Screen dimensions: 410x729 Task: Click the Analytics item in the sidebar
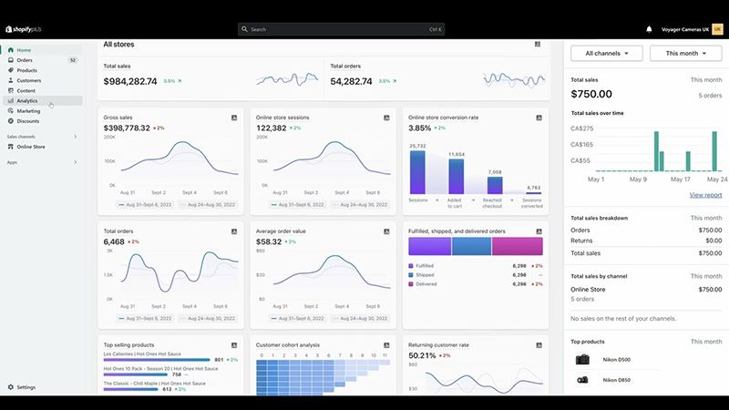[27, 100]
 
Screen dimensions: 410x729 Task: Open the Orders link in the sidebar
[25, 60]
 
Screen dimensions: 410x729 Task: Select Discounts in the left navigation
[28, 120]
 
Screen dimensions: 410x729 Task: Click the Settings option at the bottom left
[26, 387]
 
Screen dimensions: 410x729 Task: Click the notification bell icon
[650, 29]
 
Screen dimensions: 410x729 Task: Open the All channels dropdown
[607, 54]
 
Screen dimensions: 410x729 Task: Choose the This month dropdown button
[685, 54]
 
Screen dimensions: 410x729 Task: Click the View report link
[705, 195]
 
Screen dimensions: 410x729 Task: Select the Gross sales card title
[118, 118]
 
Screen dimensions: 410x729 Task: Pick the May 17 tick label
[680, 179]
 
